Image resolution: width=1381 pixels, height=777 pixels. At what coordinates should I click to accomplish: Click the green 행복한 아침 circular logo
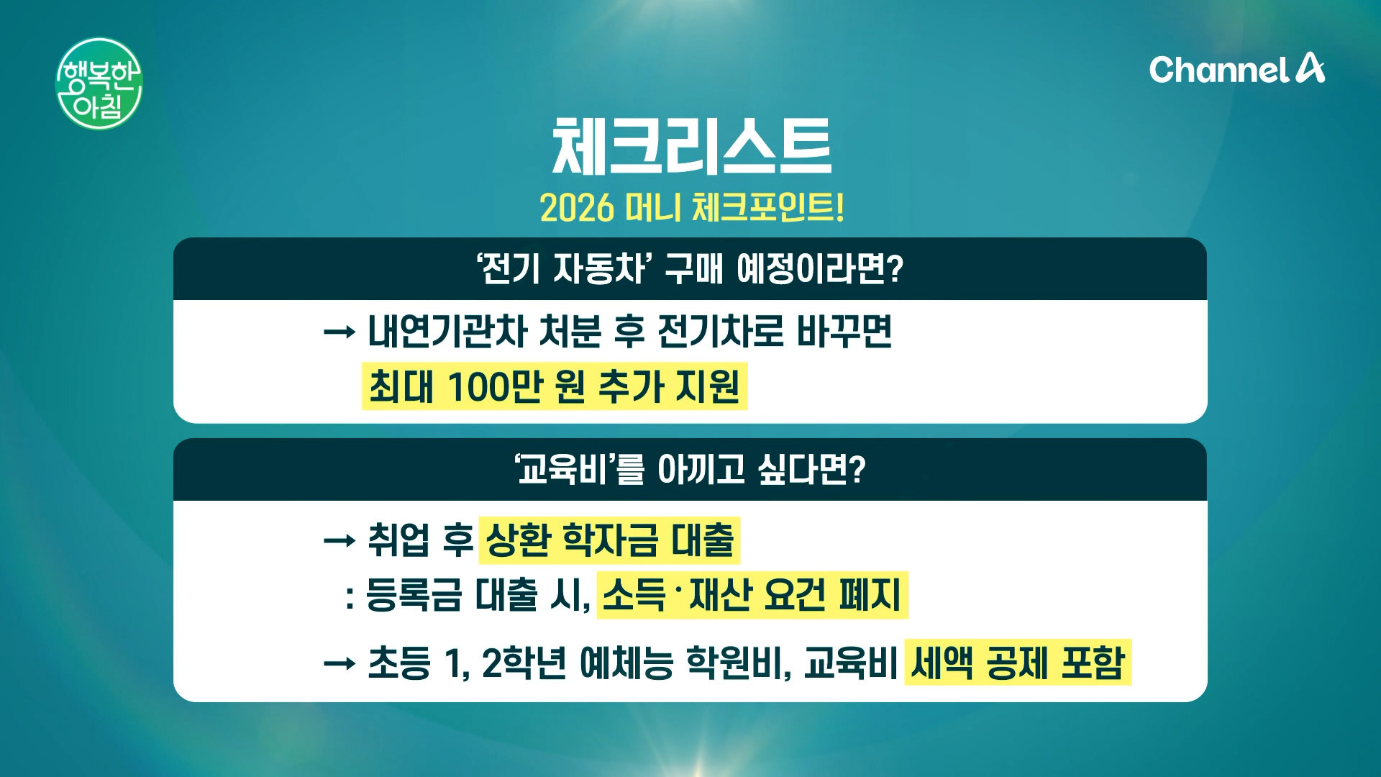click(x=99, y=84)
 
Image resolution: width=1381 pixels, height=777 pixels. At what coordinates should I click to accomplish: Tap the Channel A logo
click(x=1236, y=69)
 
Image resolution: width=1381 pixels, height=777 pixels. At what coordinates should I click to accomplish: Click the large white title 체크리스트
click(x=691, y=146)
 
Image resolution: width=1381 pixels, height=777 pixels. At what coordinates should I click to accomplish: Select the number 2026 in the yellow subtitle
click(x=577, y=208)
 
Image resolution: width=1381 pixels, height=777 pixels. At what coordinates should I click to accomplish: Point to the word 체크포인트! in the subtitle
click(x=767, y=208)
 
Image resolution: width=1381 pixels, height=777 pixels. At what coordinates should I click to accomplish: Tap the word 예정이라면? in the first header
click(x=819, y=269)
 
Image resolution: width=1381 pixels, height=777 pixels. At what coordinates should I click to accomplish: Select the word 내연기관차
click(x=447, y=332)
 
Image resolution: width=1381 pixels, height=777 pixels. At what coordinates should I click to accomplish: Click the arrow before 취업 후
click(x=339, y=540)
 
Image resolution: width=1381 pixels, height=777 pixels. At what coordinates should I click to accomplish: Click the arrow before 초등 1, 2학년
click(x=339, y=663)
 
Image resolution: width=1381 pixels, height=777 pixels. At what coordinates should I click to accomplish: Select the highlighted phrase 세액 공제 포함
click(x=1018, y=663)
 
